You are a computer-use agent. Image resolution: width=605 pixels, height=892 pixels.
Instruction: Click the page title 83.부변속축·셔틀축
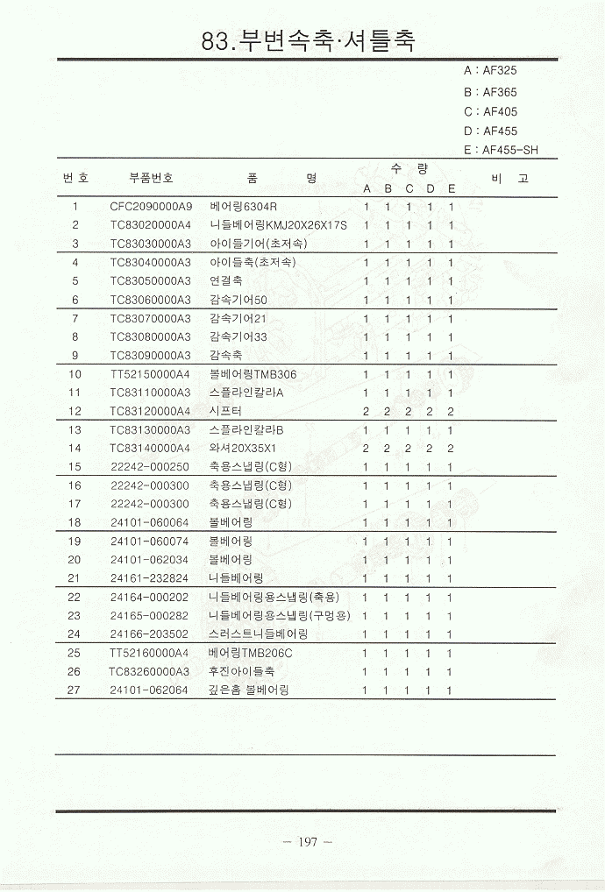click(x=308, y=40)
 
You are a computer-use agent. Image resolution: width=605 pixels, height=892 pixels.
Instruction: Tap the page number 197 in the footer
click(x=307, y=842)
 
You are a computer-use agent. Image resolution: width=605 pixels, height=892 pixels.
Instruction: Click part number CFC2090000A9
click(x=151, y=207)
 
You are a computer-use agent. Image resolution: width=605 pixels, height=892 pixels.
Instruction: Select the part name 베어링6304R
click(x=244, y=207)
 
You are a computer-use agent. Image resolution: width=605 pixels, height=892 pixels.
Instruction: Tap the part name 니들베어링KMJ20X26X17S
click(x=278, y=225)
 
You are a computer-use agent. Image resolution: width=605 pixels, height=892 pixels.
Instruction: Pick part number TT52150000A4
click(x=151, y=374)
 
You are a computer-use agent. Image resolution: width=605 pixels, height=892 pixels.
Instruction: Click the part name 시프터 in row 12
click(x=225, y=411)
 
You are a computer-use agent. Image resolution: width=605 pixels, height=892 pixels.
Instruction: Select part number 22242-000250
click(x=150, y=466)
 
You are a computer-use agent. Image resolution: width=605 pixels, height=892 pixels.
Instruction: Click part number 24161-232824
click(x=150, y=577)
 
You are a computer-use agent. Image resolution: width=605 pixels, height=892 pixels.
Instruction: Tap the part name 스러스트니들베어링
click(x=259, y=634)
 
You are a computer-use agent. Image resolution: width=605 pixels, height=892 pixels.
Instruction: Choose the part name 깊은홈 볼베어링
click(x=249, y=690)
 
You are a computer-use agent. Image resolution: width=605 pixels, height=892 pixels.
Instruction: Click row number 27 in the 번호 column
click(x=75, y=690)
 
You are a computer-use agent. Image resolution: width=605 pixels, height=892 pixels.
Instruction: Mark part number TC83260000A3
click(x=150, y=671)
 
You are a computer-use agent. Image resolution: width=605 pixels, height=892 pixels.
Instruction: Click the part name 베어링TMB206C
click(x=251, y=653)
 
